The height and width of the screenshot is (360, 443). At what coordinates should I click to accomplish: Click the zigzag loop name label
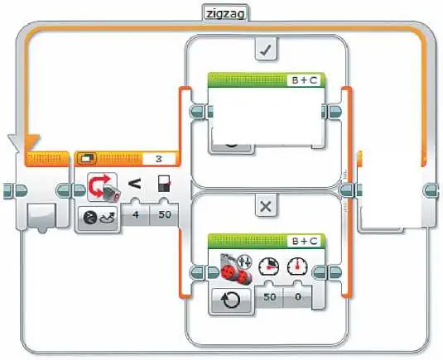(x=225, y=13)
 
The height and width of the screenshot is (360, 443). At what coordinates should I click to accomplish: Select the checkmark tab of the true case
(x=266, y=50)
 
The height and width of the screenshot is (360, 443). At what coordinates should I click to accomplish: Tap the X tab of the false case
(x=265, y=206)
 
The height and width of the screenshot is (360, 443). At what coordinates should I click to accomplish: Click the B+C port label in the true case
(x=304, y=80)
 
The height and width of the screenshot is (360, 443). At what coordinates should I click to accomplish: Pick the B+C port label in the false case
(x=304, y=241)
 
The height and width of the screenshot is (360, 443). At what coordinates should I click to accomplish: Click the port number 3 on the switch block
(x=159, y=159)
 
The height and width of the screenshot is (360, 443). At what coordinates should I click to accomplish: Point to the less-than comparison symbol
(x=134, y=184)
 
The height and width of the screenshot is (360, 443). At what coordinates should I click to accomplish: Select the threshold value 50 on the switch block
(x=165, y=215)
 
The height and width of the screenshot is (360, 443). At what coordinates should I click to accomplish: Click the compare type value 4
(x=136, y=215)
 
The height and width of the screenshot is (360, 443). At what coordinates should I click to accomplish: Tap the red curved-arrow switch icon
(x=103, y=187)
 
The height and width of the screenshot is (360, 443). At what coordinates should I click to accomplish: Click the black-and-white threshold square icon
(x=164, y=184)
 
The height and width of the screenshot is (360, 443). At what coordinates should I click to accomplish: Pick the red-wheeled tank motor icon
(x=235, y=269)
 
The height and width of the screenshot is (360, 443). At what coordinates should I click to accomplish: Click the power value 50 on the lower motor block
(x=269, y=297)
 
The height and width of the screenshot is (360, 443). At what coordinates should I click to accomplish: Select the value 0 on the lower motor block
(x=298, y=297)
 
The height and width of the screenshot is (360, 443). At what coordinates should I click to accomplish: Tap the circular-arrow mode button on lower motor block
(x=231, y=300)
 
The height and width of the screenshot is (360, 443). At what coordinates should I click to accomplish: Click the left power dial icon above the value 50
(x=269, y=266)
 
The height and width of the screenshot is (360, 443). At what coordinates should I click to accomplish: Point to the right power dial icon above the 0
(x=297, y=266)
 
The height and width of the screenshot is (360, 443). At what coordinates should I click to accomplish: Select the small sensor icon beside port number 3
(x=87, y=159)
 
